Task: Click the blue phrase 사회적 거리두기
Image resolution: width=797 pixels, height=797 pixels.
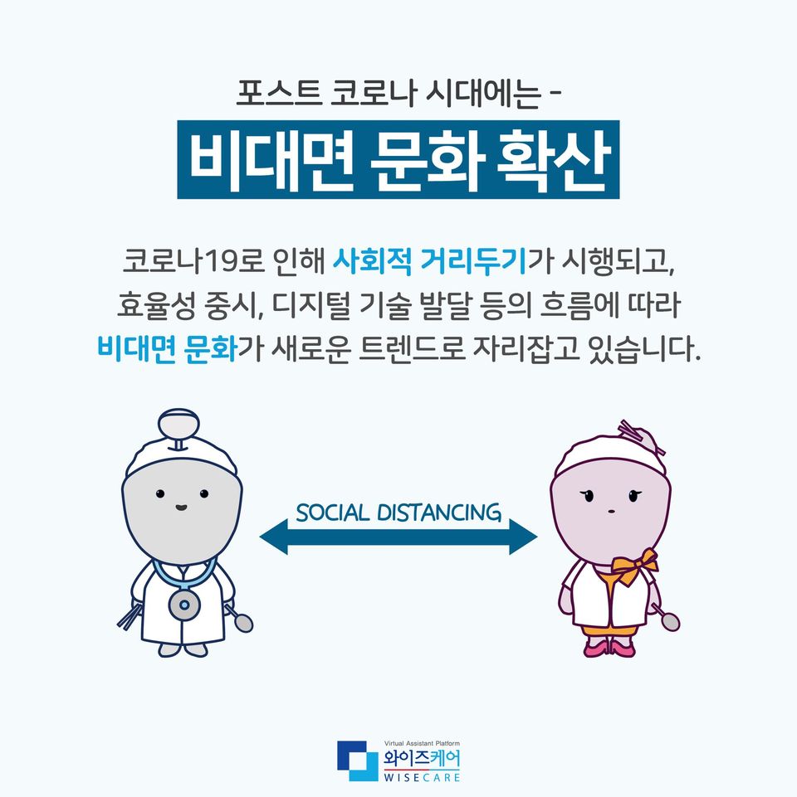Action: [429, 262]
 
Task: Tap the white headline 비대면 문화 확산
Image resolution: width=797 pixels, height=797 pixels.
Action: [399, 160]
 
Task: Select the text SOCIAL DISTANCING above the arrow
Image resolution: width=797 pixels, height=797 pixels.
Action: [398, 513]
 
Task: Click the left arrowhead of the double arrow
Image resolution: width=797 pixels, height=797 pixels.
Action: [274, 537]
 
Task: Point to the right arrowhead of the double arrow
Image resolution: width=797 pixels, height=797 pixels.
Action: [523, 537]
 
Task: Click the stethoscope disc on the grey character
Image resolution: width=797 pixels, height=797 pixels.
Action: [184, 604]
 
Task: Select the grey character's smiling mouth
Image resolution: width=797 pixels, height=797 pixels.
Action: [181, 507]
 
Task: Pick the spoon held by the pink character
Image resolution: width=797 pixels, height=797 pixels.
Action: [665, 616]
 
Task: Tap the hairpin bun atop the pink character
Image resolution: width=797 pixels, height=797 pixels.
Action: [641, 437]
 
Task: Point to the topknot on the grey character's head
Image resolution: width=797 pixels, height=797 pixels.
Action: [178, 428]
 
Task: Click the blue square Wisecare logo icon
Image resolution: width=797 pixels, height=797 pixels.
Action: [358, 761]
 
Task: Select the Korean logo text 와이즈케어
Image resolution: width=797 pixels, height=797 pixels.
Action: [422, 759]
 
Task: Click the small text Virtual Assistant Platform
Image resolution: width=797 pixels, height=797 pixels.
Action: [422, 743]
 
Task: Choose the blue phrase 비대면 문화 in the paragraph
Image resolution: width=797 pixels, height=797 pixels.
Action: [167, 349]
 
